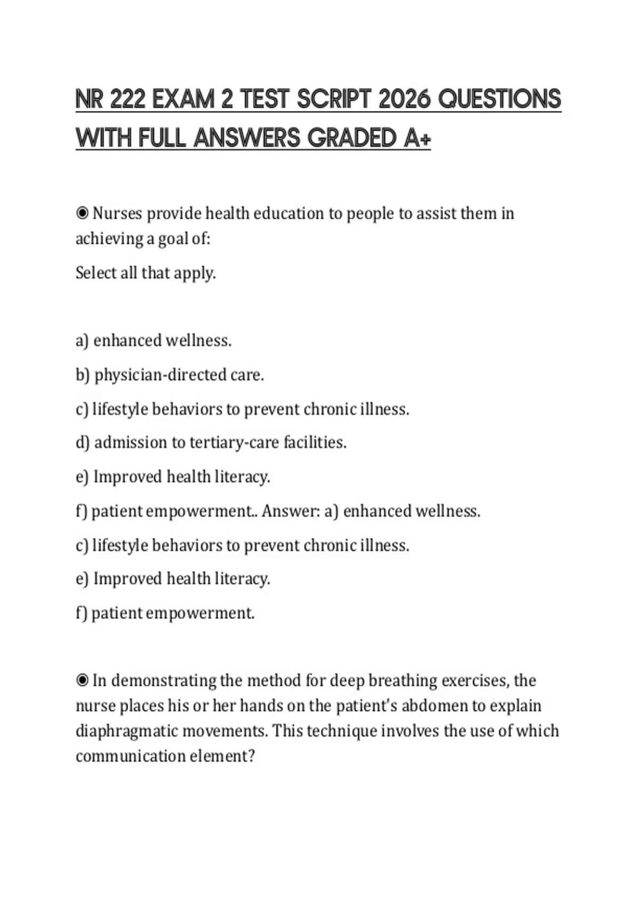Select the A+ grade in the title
tap(417, 138)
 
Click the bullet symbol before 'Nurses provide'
tap(82, 213)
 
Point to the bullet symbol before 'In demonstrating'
tap(82, 681)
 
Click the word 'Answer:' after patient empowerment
tap(291, 511)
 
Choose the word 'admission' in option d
tap(131, 443)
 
